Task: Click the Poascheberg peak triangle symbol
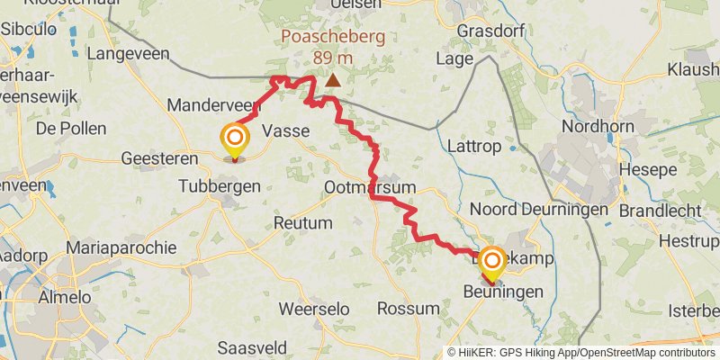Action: coord(333,80)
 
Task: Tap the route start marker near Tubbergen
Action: coord(235,139)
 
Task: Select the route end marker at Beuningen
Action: coord(492,262)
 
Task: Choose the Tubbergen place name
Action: coord(220,186)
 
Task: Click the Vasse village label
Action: coord(285,131)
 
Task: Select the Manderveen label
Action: coord(213,105)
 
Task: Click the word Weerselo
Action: coord(314,309)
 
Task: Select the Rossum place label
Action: coord(409,309)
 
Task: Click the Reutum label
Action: coord(303,222)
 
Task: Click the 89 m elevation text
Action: coord(333,58)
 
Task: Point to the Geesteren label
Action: coord(160,159)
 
